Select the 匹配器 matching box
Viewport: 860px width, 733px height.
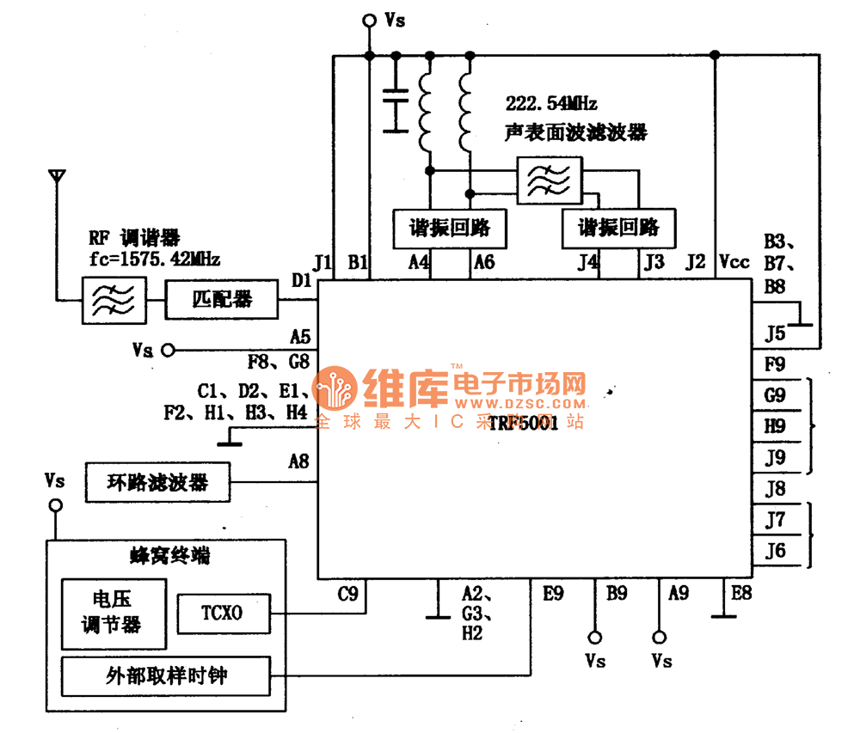pos(222,300)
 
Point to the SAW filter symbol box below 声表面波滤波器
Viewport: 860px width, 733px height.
pos(548,181)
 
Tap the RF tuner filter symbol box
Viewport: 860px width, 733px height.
pos(112,300)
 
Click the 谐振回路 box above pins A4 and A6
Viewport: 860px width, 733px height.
pos(449,228)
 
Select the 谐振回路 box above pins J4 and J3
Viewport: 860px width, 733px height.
pos(617,228)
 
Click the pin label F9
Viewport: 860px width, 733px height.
pos(775,363)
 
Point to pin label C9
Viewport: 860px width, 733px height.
pos(348,593)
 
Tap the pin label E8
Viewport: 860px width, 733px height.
pos(741,592)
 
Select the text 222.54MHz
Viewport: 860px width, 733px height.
pos(551,104)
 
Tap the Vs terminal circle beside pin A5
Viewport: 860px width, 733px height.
pos(168,351)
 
